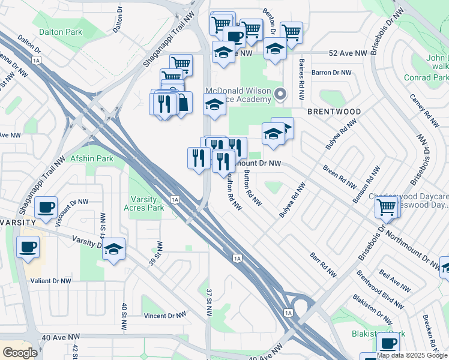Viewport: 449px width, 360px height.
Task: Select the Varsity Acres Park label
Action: [143, 203]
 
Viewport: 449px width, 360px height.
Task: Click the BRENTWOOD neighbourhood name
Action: [334, 112]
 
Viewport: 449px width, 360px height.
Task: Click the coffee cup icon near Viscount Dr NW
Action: [46, 208]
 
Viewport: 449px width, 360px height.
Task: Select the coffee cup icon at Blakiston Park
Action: [388, 343]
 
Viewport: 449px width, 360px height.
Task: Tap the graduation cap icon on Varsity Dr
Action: [113, 248]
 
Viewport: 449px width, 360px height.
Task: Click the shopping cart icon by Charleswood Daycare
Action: [387, 208]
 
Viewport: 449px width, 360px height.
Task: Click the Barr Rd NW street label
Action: [323, 262]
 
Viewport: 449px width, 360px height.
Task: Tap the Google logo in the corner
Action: [19, 353]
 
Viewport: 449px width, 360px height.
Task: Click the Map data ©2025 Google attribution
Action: [412, 355]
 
